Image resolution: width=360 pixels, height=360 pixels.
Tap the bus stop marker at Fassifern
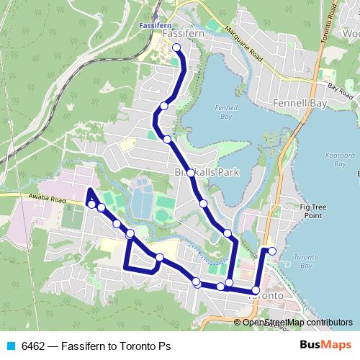(176, 48)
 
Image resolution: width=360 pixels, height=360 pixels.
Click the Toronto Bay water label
(307, 260)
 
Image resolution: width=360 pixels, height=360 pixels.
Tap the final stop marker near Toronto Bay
(272, 251)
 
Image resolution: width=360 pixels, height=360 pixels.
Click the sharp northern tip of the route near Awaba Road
(88, 189)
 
